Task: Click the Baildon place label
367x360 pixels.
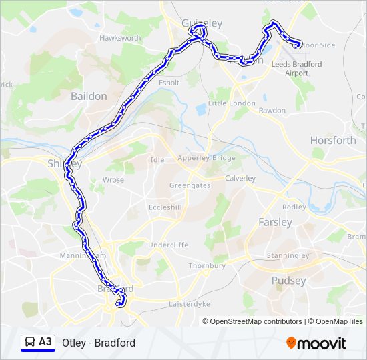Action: [x=89, y=96]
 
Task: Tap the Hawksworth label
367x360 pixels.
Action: [x=120, y=38]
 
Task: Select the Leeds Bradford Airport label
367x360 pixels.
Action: [x=297, y=69]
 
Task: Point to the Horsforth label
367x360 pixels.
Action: [x=333, y=140]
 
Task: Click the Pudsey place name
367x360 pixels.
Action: [x=288, y=281]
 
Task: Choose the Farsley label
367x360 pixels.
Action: [x=275, y=221]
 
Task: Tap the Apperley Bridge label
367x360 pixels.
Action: [x=206, y=158]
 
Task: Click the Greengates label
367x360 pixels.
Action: [x=191, y=186]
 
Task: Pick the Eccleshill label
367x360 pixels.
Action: [x=165, y=207]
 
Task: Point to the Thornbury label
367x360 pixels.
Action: [x=207, y=265]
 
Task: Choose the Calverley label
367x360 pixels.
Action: [x=240, y=178]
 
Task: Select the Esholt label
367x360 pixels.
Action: [x=169, y=83]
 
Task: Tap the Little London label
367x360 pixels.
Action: [x=232, y=103]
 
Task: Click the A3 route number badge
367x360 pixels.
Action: [x=45, y=342]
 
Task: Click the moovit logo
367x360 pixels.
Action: [x=316, y=343]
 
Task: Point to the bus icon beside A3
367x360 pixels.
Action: [x=30, y=342]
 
